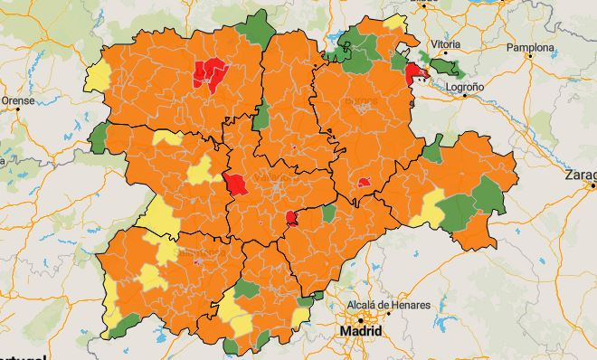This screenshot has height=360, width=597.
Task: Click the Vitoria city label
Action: (x=445, y=43)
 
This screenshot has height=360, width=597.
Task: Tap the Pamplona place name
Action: (x=531, y=47)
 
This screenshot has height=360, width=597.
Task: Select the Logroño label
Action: (x=463, y=87)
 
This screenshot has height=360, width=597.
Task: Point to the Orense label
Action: (x=17, y=100)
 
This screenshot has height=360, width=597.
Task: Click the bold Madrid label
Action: (x=360, y=331)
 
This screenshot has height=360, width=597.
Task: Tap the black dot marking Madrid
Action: (x=361, y=319)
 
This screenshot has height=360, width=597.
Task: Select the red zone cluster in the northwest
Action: (x=209, y=73)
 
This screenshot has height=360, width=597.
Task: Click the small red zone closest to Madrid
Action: (x=292, y=217)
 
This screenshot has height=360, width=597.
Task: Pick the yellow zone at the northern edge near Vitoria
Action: (x=394, y=23)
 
